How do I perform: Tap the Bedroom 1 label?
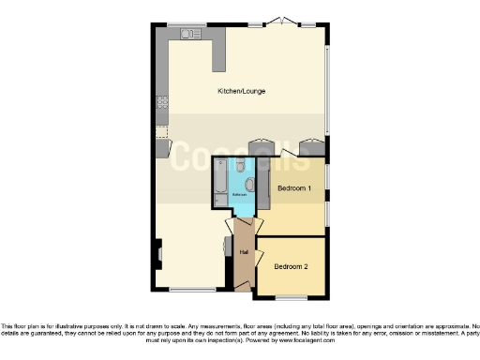click(x=293, y=189)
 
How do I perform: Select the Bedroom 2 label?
click(x=291, y=266)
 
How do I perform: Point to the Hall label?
click(x=243, y=252)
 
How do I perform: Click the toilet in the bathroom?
click(x=241, y=166)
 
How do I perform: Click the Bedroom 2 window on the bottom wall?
click(x=291, y=298)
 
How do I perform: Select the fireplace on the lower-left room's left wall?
click(x=157, y=252)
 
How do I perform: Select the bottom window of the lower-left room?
click(x=189, y=289)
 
